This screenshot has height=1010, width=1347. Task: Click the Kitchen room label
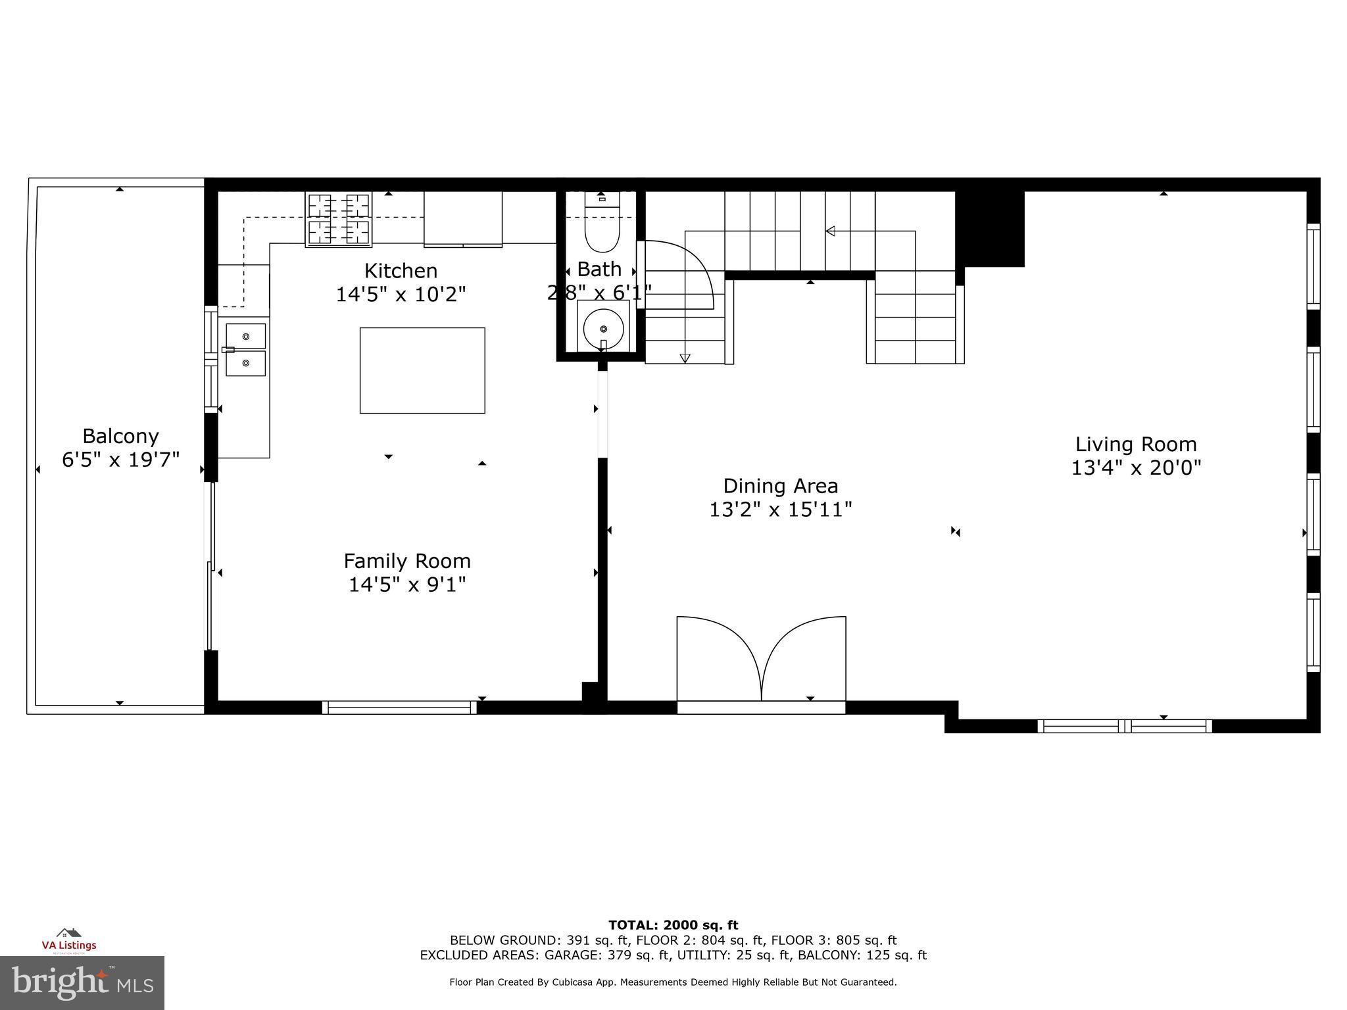tap(401, 271)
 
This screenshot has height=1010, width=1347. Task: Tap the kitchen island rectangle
tap(422, 370)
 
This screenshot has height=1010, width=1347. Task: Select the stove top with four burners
tap(339, 219)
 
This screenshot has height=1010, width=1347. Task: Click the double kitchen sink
tap(246, 349)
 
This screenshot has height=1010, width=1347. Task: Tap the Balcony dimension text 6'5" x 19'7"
tap(121, 460)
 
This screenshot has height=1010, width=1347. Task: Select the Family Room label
tap(407, 561)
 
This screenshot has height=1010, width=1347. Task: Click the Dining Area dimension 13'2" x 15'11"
tap(781, 510)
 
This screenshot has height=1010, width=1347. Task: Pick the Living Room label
tap(1136, 445)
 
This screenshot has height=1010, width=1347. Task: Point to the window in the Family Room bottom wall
tap(399, 708)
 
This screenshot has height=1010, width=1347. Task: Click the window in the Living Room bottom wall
tap(1125, 726)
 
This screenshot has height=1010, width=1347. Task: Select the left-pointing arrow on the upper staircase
tap(830, 231)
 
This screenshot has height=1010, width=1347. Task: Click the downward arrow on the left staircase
tap(685, 358)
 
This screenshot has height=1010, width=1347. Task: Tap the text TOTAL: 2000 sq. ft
tap(673, 925)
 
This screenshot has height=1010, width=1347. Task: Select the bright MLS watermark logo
tap(82, 982)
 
